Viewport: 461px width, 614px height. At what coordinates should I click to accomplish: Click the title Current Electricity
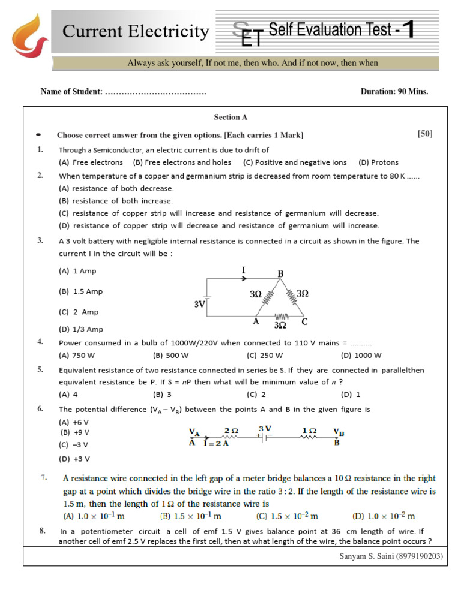136,31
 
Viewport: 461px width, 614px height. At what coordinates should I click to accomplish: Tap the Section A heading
230,118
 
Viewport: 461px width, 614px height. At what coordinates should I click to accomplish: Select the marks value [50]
424,134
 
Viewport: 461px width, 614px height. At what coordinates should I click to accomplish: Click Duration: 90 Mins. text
394,92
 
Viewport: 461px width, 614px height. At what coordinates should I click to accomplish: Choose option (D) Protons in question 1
378,162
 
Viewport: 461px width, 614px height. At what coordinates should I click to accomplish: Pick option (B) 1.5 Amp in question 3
80,291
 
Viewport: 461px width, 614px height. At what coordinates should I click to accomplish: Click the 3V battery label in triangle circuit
200,304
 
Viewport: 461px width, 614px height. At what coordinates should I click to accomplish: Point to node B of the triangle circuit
280,274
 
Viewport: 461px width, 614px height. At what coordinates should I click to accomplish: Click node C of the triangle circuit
304,321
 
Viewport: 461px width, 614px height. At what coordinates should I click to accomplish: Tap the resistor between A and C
281,317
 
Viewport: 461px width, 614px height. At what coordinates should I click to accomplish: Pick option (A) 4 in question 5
68,395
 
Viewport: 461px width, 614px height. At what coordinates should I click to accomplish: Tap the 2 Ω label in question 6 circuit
231,431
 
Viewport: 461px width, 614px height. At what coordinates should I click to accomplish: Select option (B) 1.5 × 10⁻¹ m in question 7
191,516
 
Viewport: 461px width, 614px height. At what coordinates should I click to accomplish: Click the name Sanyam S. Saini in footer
366,556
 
